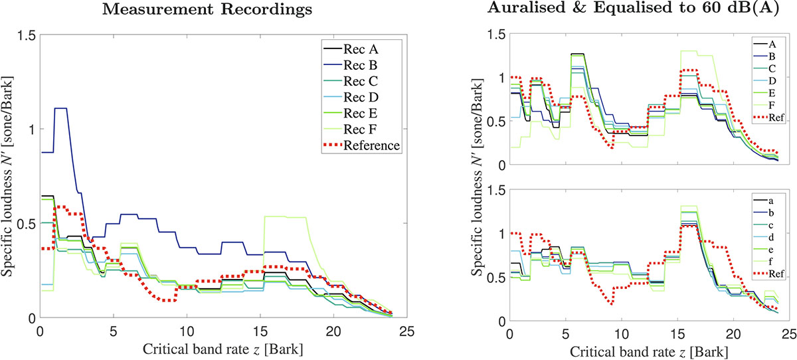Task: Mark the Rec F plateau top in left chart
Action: (x=285, y=217)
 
